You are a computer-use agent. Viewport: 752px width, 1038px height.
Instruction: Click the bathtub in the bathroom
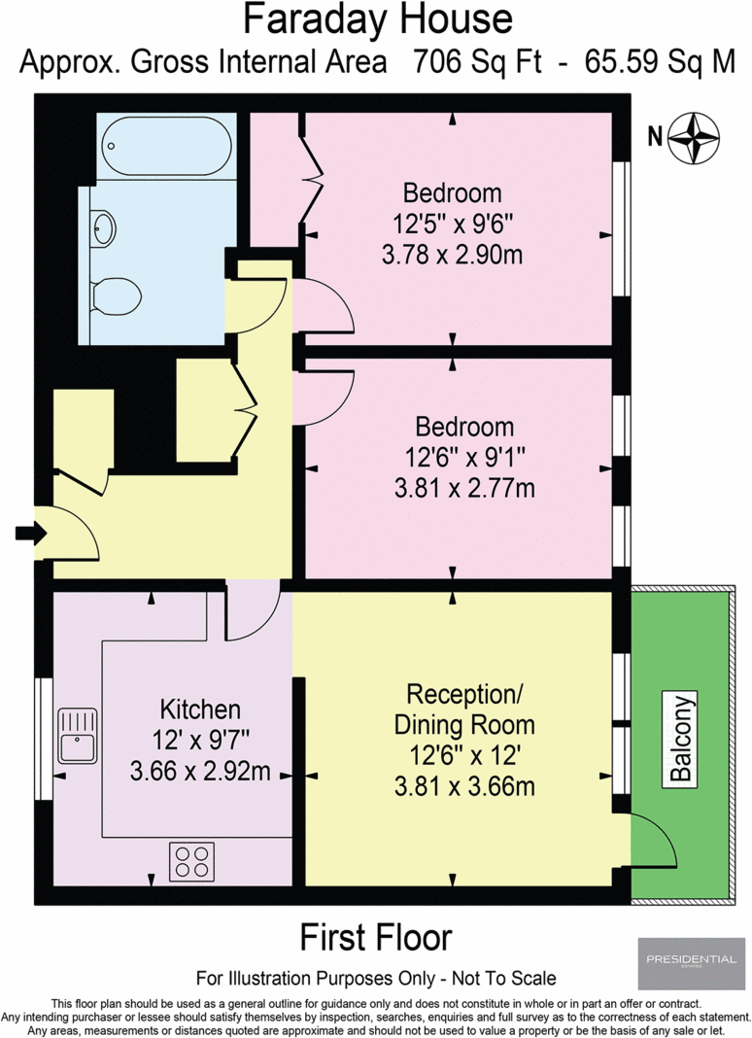click(x=166, y=147)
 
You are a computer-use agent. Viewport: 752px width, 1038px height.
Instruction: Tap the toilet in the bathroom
click(x=116, y=295)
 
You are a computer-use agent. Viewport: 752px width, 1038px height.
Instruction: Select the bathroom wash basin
click(x=103, y=228)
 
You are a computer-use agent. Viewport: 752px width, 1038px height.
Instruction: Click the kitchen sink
click(x=78, y=736)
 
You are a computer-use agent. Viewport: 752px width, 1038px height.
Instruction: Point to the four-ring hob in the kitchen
click(x=192, y=861)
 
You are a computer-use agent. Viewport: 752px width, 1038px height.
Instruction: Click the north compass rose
click(x=693, y=138)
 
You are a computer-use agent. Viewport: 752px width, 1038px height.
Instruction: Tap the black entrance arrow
click(x=31, y=533)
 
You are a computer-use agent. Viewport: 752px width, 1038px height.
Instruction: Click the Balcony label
click(x=681, y=738)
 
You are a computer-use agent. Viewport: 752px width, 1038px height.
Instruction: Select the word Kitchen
click(x=200, y=709)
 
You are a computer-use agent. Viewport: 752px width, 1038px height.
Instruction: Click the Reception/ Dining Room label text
click(x=464, y=709)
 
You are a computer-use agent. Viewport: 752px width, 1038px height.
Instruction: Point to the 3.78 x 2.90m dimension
click(x=452, y=255)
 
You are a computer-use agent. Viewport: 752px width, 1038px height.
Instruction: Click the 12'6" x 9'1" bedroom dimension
click(x=464, y=457)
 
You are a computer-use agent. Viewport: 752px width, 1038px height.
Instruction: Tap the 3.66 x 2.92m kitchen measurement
click(x=200, y=771)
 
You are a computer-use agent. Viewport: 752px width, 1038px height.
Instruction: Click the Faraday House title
click(x=378, y=19)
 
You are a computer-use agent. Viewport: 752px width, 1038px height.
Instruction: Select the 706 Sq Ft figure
click(x=478, y=61)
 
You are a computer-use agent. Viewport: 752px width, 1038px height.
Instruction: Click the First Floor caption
click(x=376, y=937)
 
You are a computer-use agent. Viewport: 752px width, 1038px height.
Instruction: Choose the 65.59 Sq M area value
click(x=661, y=61)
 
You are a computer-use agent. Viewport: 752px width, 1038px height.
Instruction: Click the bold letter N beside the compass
click(x=655, y=136)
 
